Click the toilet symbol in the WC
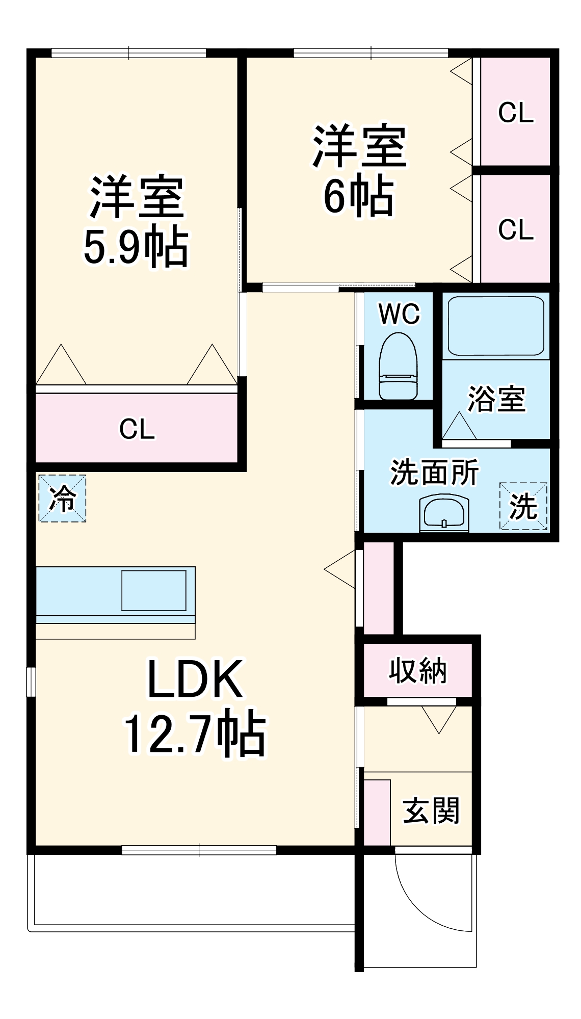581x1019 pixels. (x=398, y=366)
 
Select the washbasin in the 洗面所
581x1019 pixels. (x=443, y=513)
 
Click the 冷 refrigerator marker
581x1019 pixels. (x=62, y=498)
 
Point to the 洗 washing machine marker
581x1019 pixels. (x=523, y=506)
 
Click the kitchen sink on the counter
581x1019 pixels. (x=153, y=590)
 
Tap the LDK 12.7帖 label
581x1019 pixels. (x=195, y=706)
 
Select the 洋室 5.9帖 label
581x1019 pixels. (x=136, y=222)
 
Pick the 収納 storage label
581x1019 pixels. (x=417, y=670)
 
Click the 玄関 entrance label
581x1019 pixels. (x=431, y=811)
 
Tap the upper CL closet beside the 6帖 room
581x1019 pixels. (x=515, y=112)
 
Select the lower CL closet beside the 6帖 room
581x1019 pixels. (x=515, y=229)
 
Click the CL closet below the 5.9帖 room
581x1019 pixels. (x=137, y=429)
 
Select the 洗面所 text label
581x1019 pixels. (x=434, y=473)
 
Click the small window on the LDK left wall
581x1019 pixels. (x=31, y=682)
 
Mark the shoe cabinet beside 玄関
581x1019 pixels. (x=377, y=812)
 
